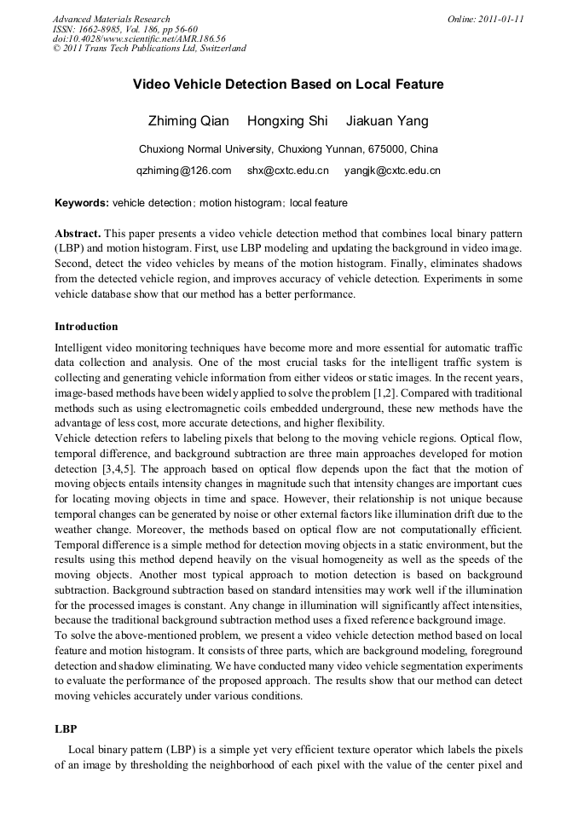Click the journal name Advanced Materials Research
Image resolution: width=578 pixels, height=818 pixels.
(111, 19)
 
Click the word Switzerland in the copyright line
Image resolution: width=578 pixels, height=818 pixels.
(222, 49)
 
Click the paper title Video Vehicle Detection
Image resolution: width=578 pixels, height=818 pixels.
(288, 85)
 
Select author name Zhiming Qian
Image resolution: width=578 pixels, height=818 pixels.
(189, 121)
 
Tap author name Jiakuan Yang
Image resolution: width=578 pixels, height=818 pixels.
(387, 121)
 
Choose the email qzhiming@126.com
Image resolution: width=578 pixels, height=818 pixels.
(184, 171)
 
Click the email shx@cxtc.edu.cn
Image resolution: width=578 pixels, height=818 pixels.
(287, 171)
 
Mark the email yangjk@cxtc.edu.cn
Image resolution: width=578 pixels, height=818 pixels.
(392, 171)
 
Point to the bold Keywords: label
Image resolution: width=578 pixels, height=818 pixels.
(82, 203)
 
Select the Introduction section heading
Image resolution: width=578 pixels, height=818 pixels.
(86, 327)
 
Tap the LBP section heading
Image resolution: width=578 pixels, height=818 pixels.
(66, 730)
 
